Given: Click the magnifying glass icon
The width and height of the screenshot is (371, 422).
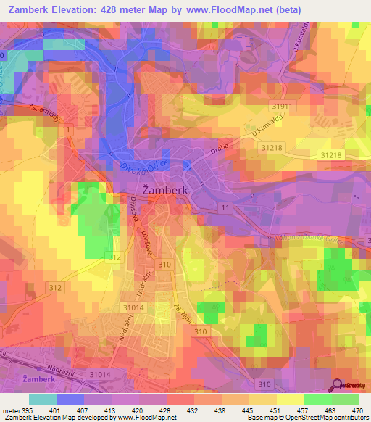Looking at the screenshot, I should point(338,386).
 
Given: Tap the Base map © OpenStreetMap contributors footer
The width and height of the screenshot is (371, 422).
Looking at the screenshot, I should point(307,418).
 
